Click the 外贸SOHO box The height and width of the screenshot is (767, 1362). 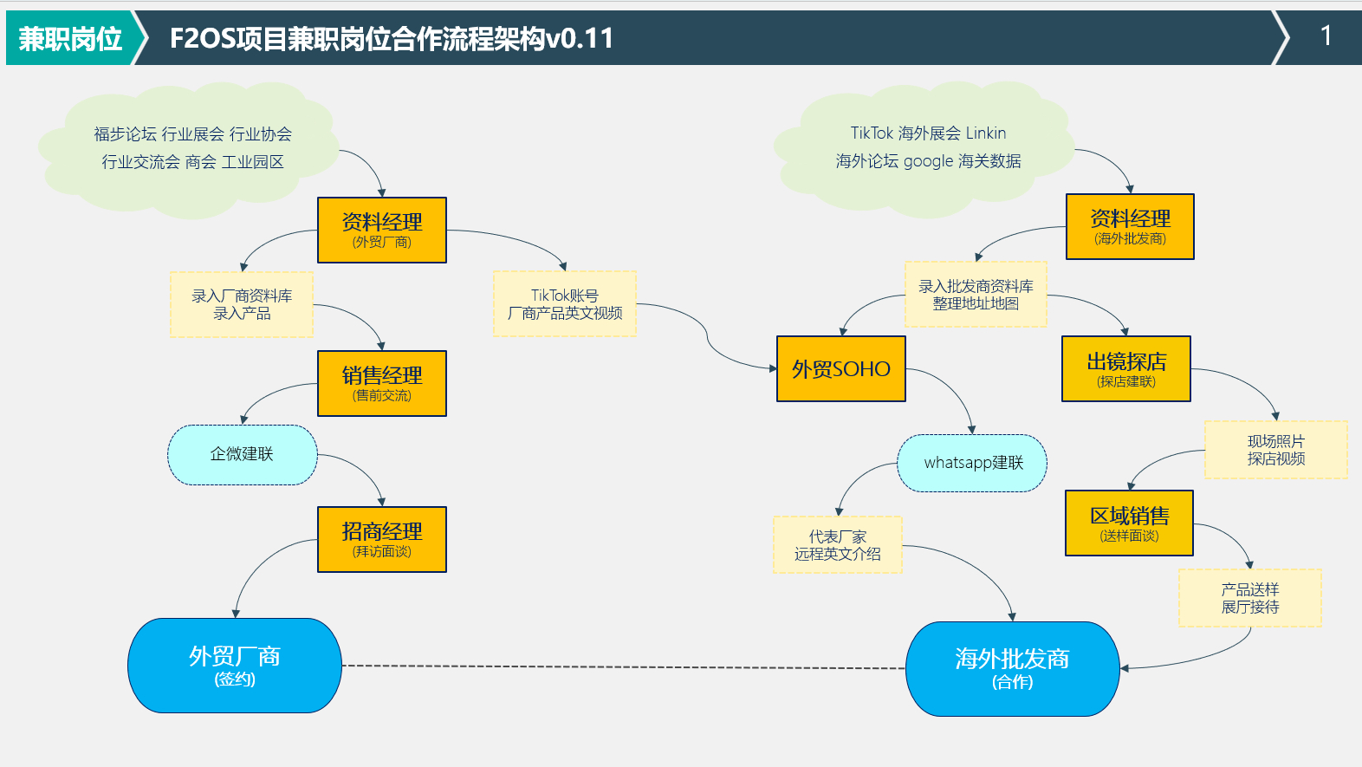click(x=840, y=369)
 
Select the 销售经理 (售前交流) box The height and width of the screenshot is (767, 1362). click(x=382, y=383)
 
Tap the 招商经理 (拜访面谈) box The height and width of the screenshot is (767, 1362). click(x=382, y=539)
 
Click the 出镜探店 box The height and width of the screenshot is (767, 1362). click(x=1126, y=369)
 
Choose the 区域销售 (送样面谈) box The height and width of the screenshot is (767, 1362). click(x=1129, y=523)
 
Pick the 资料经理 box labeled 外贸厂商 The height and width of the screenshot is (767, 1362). click(x=382, y=230)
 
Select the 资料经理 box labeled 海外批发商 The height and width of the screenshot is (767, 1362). click(x=1130, y=226)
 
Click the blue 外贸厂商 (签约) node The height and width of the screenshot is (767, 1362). click(x=235, y=666)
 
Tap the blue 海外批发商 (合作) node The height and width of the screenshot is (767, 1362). click(x=1012, y=668)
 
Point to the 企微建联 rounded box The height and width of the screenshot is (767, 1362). click(x=242, y=454)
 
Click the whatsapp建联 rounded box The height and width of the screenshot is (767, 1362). click(x=972, y=463)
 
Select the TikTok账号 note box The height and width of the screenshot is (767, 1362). click(x=565, y=304)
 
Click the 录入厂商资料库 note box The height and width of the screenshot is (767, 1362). click(x=242, y=304)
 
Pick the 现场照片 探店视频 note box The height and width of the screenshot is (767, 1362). click(x=1275, y=450)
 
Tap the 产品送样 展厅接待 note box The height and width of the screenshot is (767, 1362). click(x=1249, y=598)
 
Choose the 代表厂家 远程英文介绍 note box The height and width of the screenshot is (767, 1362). click(x=837, y=545)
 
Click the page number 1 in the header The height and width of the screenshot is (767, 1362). click(x=1326, y=36)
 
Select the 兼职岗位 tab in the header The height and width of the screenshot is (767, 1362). click(x=70, y=39)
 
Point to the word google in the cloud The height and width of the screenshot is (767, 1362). click(x=928, y=161)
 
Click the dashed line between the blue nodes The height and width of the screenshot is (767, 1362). click(x=624, y=666)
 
